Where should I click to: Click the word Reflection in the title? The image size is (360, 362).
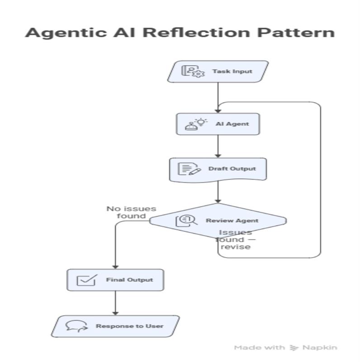point(196,33)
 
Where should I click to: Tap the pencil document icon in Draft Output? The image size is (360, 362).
point(189,169)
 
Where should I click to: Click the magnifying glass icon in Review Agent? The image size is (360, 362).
point(186,221)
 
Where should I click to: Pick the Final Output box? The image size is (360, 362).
point(115,280)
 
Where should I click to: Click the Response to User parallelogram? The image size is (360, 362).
point(115,326)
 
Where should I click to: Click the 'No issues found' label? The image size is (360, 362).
point(131,212)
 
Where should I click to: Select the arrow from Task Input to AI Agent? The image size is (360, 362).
point(218,97)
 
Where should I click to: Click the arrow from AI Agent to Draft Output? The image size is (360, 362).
point(218,146)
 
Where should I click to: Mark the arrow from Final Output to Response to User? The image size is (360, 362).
point(115,303)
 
